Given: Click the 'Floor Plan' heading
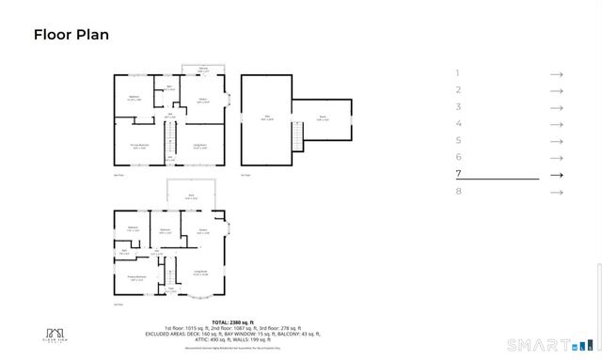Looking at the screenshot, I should click(71, 36).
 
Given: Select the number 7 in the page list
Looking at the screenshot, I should click(458, 175).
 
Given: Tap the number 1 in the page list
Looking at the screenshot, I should click(458, 73).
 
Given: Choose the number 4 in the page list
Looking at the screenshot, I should click(458, 124).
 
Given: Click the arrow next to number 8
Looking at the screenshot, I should click(556, 192).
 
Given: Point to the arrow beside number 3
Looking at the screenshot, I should click(556, 107).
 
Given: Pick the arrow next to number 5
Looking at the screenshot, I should click(556, 141).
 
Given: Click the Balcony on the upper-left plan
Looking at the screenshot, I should click(203, 69).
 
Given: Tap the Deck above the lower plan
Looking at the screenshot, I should click(191, 198).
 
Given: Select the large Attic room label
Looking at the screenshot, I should click(265, 117).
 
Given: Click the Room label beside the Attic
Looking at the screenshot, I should click(322, 118).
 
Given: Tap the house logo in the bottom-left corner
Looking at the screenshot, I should click(57, 334).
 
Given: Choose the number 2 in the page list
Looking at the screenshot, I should click(458, 90).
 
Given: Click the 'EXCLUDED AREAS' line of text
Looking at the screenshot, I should click(232, 333).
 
